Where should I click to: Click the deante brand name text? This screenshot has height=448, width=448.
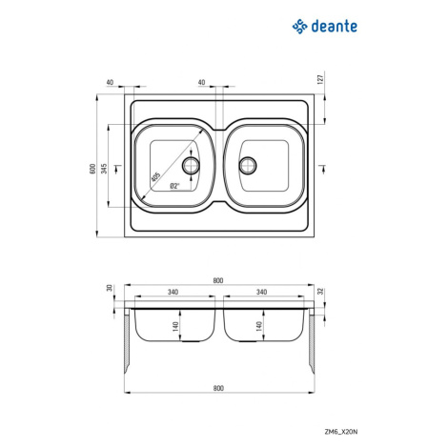pos(335,26)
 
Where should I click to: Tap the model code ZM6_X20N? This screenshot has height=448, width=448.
pos(341,432)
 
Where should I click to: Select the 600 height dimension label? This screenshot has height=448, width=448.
pos(92,169)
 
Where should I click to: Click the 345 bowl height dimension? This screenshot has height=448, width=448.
pos(104,169)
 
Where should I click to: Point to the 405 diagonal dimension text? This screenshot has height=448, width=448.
pos(155,177)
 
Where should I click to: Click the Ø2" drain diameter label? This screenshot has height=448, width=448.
pos(174,186)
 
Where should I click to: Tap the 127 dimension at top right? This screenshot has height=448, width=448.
pos(320,79)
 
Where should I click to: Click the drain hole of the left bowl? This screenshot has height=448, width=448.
pos(191,165)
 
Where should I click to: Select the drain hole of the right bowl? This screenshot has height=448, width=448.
pos(248,165)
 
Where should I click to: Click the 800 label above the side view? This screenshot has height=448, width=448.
pos(218,280)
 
